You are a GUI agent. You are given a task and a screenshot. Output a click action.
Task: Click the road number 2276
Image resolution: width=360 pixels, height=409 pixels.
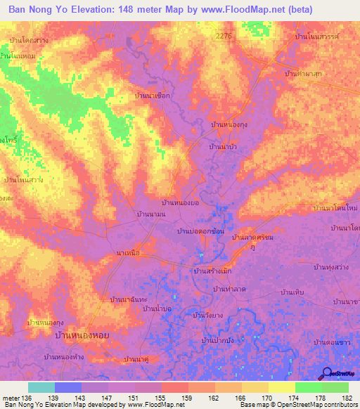(224, 35)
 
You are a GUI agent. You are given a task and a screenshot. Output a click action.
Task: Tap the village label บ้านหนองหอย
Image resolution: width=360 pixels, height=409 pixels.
(85, 337)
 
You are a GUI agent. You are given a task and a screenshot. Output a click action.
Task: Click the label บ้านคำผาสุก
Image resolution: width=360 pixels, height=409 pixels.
(304, 72)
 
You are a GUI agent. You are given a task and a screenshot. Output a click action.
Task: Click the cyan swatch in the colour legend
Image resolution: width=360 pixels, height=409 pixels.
(41, 387)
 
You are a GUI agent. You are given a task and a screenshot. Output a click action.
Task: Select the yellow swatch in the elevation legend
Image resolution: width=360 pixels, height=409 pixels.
(283, 387)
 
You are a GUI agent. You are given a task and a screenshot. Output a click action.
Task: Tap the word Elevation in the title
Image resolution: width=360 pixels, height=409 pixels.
(89, 11)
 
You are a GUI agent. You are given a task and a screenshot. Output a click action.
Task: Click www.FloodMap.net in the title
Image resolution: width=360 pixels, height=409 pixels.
(233, 11)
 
